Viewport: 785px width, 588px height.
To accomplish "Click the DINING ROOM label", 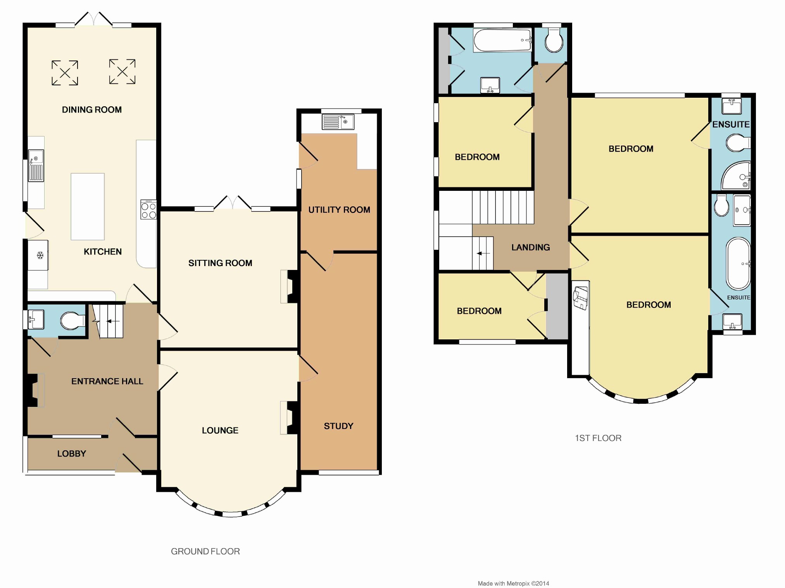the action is (x=92, y=110).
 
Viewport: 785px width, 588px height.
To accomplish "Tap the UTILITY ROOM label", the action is (x=339, y=210).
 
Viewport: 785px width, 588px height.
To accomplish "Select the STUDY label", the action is (x=339, y=426).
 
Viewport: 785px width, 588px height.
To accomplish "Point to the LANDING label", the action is (x=531, y=247).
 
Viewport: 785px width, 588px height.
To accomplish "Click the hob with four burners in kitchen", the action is (x=148, y=209).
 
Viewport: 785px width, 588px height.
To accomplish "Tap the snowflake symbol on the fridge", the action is (x=40, y=255).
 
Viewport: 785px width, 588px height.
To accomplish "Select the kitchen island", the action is (x=88, y=207).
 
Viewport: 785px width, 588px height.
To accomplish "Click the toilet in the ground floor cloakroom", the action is (x=73, y=321).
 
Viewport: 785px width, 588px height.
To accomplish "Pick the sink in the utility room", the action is (x=338, y=122).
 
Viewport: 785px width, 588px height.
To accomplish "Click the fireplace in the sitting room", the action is (x=289, y=286).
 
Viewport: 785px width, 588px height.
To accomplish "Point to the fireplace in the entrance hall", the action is (x=35, y=390).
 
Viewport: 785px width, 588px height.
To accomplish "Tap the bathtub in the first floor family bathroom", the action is (x=502, y=40).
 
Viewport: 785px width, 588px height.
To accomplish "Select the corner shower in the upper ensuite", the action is (x=736, y=175).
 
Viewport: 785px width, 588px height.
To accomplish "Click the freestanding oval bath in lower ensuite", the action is (x=738, y=264).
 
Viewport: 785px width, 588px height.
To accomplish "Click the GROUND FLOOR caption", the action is (x=205, y=552).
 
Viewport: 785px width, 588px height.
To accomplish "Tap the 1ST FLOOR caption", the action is (x=598, y=438).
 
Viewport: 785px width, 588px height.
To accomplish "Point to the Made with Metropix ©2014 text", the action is (x=513, y=583).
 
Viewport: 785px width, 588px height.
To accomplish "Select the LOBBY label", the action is (x=72, y=454).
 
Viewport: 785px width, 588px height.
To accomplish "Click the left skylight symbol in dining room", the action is (x=65, y=73).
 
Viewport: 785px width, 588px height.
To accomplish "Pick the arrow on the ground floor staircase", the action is (x=114, y=321).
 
